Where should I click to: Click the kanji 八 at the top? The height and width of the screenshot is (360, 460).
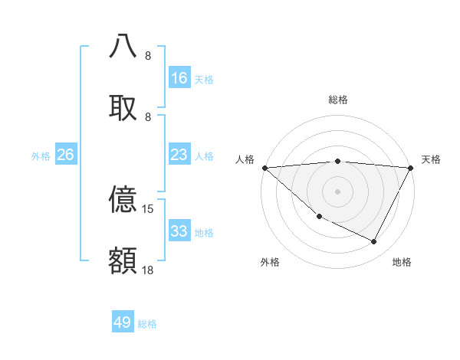123,45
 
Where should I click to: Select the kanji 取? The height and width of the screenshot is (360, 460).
123,106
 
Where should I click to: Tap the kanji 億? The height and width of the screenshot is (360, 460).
123,199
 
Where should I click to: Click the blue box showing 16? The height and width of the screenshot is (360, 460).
179,78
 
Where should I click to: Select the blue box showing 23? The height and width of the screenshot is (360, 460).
179,155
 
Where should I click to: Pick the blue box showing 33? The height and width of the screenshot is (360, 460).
179,231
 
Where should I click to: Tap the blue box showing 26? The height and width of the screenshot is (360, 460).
66,155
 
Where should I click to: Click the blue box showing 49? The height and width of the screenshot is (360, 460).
123,322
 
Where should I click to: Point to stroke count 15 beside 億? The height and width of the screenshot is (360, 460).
149,208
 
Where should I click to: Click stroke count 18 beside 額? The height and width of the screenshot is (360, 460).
149,270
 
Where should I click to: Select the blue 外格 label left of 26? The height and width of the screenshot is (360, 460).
41,156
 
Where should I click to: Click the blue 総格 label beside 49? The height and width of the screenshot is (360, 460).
148,324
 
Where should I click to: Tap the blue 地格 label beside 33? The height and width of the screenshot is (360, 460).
205,233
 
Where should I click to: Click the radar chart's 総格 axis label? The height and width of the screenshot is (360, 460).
338,100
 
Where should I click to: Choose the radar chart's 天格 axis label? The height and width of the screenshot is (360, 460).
432,159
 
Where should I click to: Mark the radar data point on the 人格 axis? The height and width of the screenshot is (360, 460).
264,168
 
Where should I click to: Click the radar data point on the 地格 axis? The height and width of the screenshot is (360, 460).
374,242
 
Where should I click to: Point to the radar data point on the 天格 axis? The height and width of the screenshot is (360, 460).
411,168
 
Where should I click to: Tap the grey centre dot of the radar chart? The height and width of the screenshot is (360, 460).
338,191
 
